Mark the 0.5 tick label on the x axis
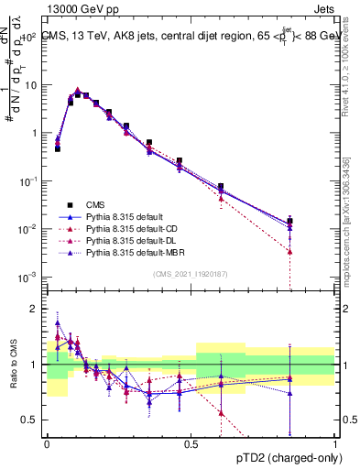[191, 442]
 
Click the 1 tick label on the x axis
[334, 442]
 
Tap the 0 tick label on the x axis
[47, 442]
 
